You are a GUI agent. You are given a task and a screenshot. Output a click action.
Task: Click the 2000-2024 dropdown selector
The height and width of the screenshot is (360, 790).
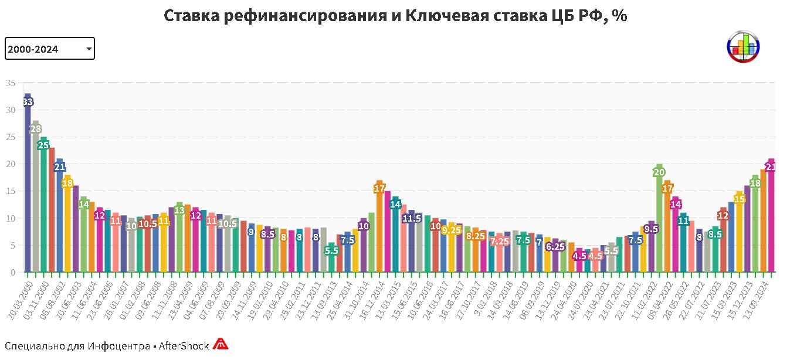point(49,49)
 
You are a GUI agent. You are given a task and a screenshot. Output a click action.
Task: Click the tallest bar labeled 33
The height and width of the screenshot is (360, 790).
point(28,182)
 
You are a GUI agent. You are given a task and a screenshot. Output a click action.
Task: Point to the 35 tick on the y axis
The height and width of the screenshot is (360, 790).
point(11,83)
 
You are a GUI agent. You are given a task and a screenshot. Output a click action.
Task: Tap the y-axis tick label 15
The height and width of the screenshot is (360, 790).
point(11,191)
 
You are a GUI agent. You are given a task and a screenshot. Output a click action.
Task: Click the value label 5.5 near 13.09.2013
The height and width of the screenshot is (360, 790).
point(331,250)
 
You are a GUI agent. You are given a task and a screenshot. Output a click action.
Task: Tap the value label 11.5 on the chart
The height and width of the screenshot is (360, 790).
point(411,218)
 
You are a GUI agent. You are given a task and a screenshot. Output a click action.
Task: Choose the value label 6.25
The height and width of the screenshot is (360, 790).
point(555,247)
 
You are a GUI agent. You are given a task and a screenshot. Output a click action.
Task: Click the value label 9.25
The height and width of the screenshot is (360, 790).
point(451,230)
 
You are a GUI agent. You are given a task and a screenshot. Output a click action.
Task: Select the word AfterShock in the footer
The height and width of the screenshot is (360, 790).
point(184,346)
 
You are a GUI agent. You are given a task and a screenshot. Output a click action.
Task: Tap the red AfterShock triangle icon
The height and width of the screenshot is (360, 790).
point(220,344)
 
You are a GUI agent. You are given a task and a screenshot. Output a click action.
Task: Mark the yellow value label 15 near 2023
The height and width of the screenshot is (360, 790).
point(740,199)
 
